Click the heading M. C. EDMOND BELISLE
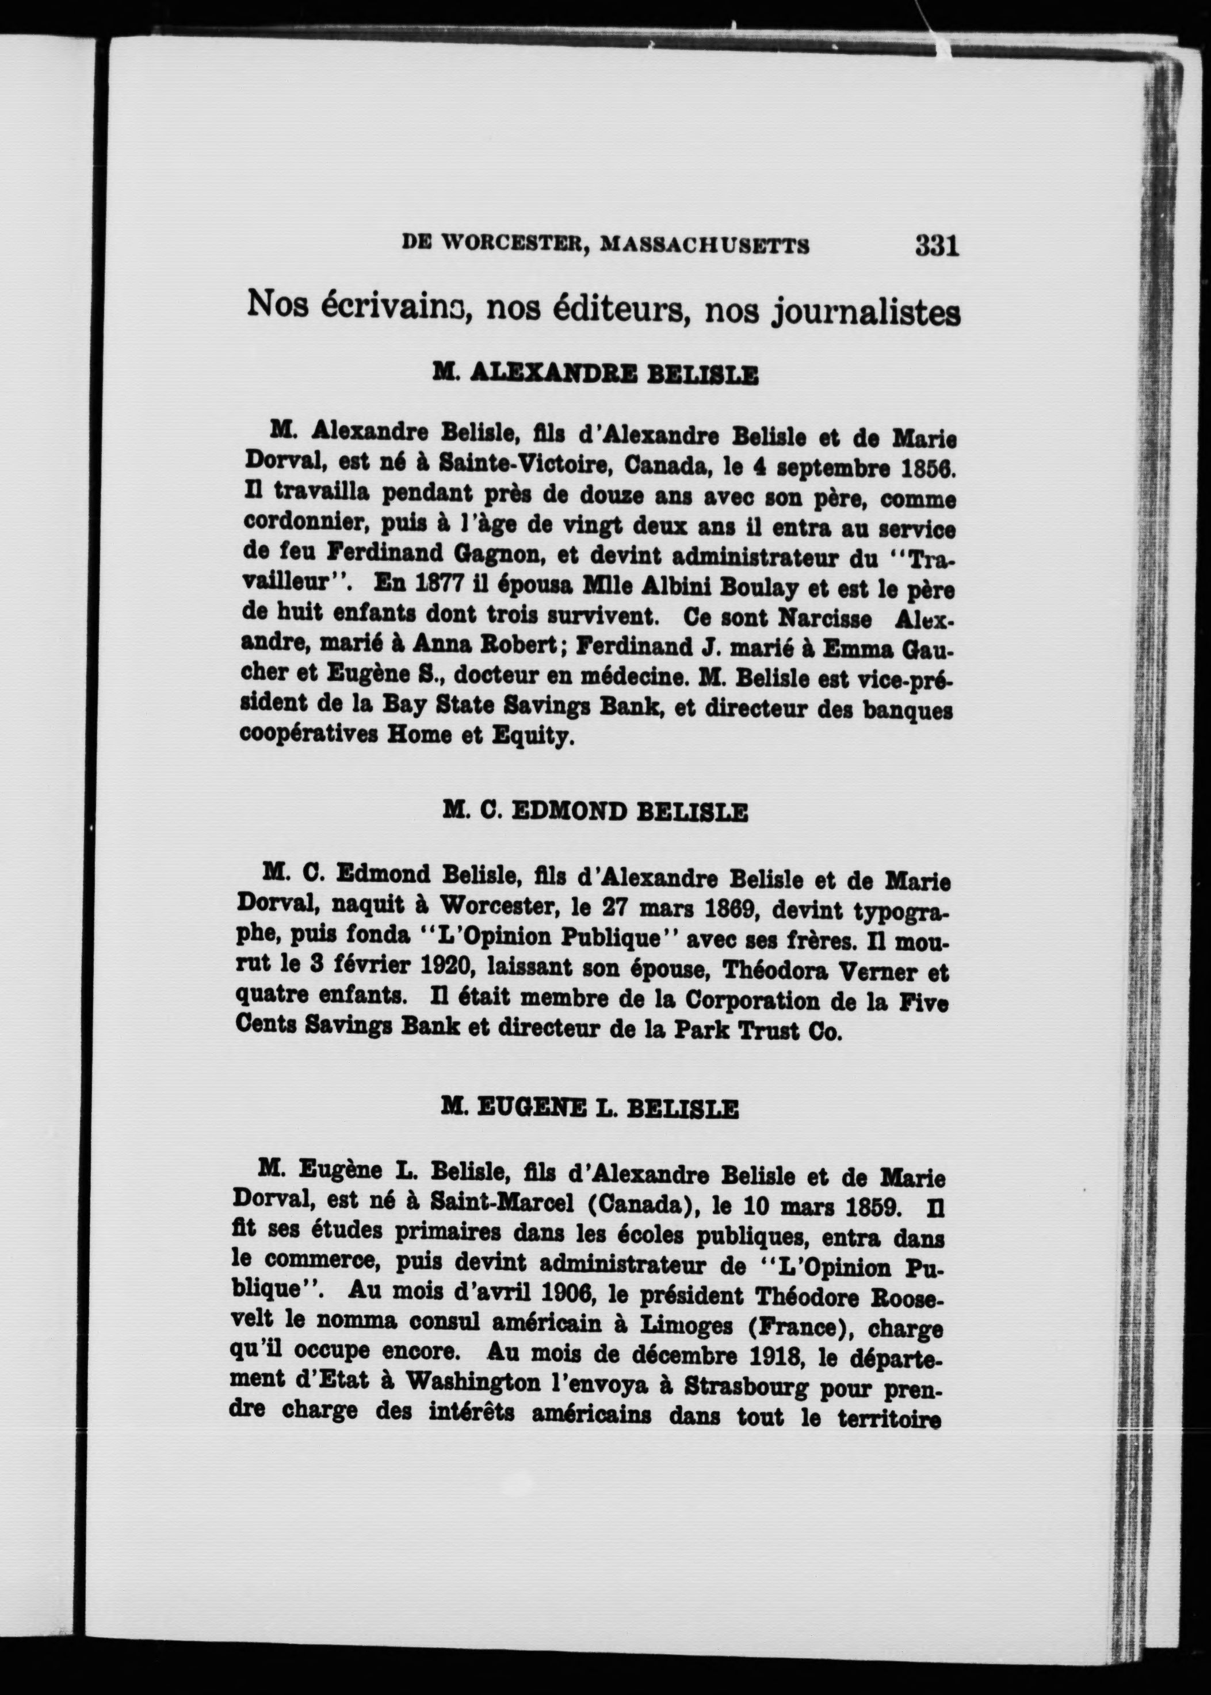(x=594, y=812)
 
